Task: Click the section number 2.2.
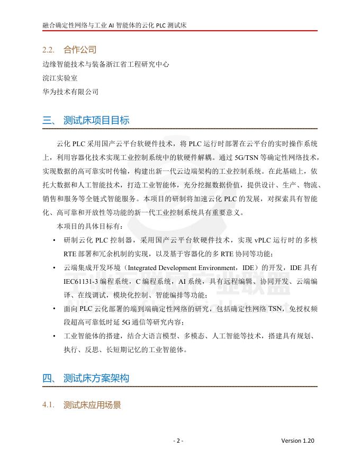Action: (49, 50)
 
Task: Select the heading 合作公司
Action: (79, 50)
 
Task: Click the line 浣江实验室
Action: (60, 78)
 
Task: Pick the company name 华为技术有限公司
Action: (70, 92)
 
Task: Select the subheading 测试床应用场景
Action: (92, 406)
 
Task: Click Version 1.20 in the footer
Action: (298, 441)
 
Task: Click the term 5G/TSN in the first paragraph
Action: (248, 157)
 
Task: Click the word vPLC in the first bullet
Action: (249, 240)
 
